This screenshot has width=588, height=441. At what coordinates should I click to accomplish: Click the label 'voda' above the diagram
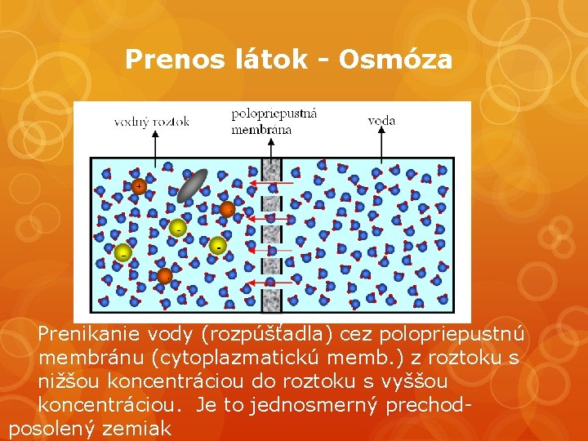pos(381,120)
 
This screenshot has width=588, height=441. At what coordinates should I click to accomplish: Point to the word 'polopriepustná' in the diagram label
pos(274,114)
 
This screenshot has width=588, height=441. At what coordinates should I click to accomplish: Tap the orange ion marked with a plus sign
pos(139,186)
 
